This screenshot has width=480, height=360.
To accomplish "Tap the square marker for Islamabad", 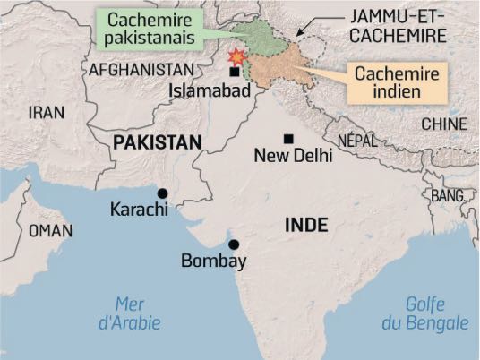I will click(235, 72).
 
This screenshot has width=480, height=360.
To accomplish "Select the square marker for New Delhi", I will click(287, 139).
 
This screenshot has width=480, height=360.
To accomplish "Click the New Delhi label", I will click(294, 156).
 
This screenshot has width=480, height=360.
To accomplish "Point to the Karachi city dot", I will click(162, 193).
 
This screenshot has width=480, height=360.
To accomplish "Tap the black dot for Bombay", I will click(234, 244).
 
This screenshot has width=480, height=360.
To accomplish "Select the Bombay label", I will click(213, 261).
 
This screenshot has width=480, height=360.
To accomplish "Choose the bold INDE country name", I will click(306, 224).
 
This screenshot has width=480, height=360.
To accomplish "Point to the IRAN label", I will click(47, 112).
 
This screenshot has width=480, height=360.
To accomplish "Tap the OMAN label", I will click(51, 230).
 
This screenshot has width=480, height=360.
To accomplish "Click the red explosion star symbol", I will click(237, 57).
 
